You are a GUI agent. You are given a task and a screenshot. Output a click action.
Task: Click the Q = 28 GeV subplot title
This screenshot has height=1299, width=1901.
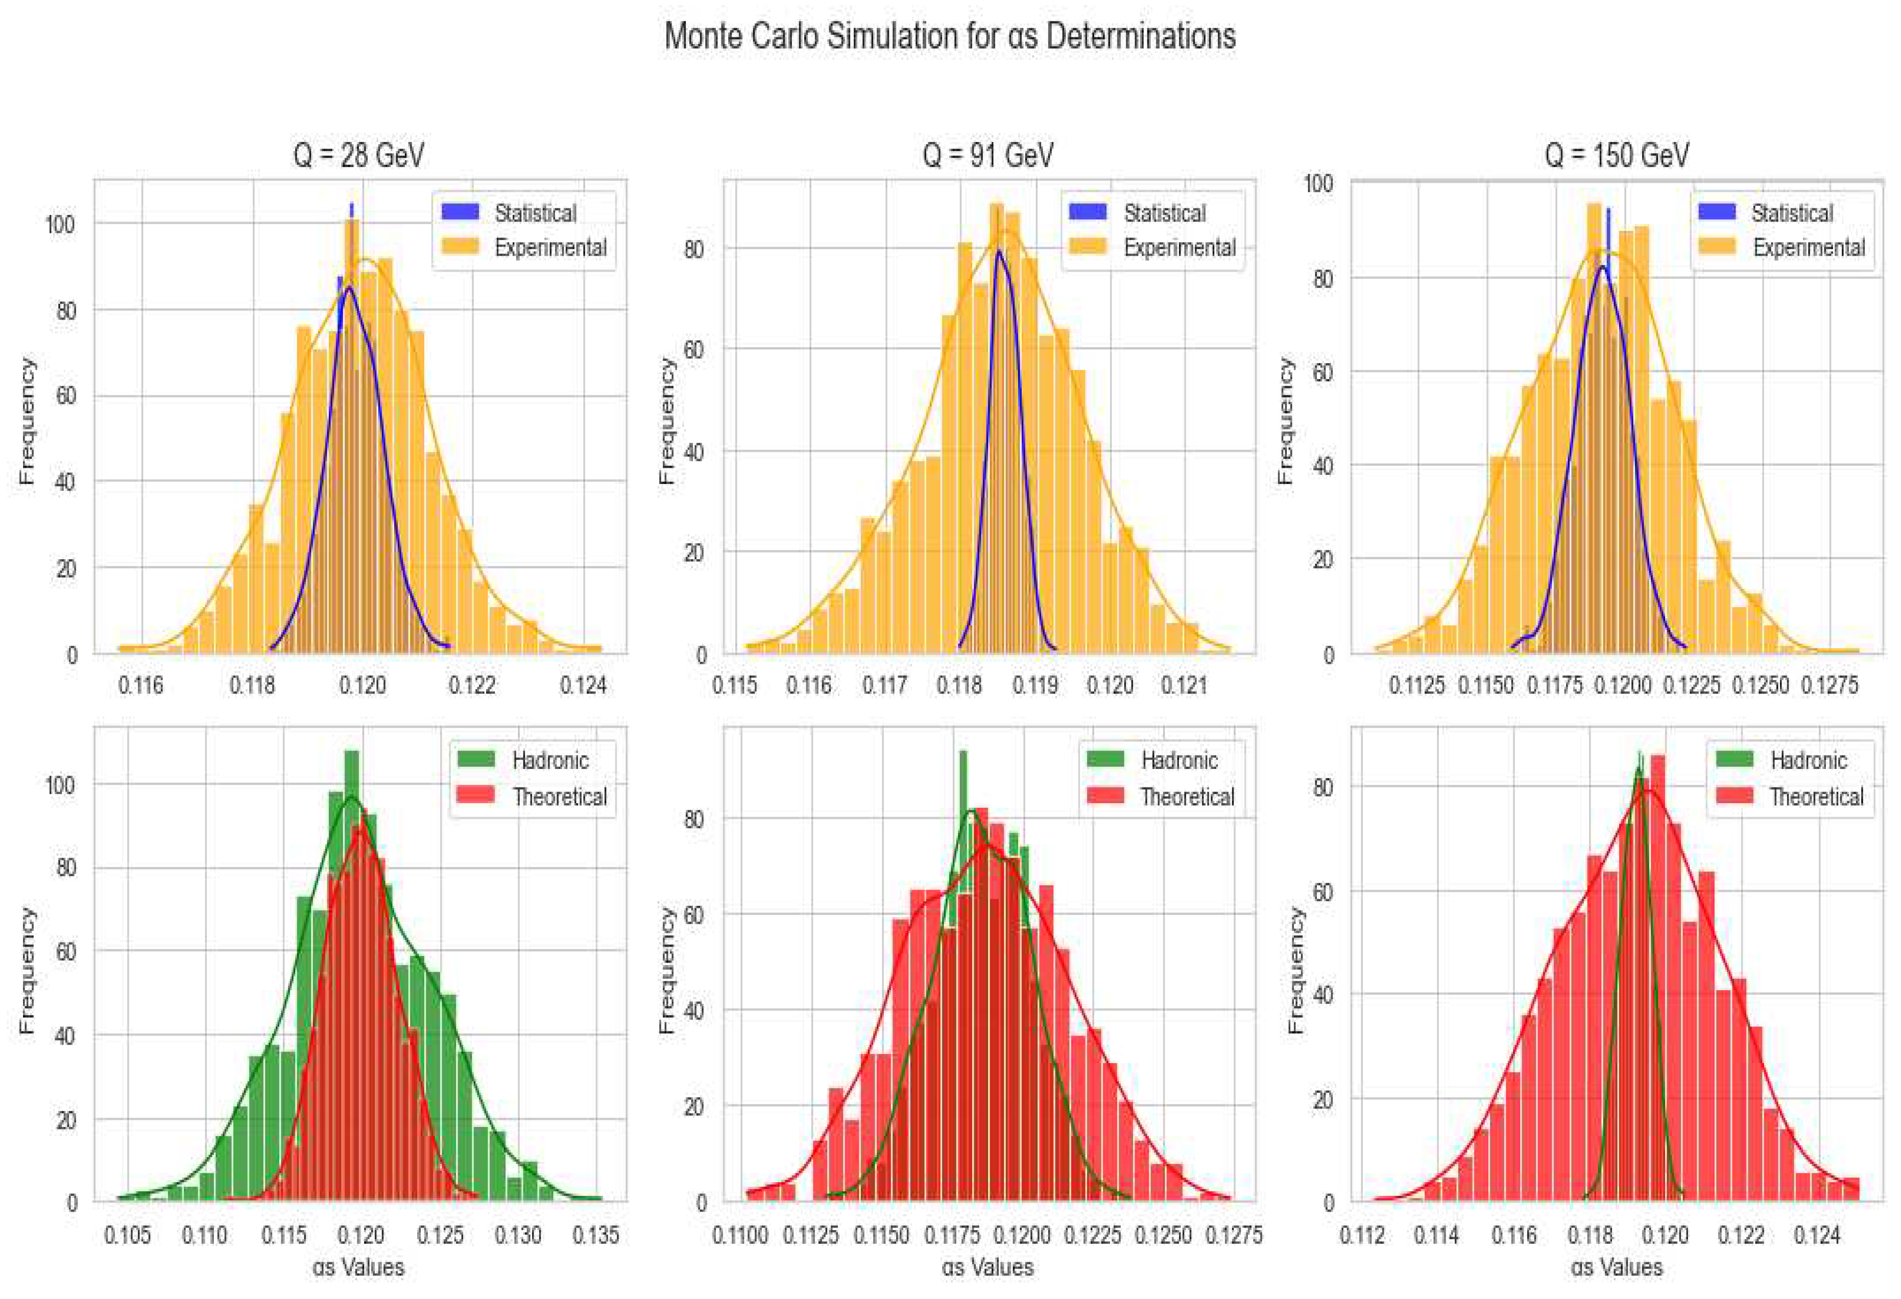[x=358, y=155]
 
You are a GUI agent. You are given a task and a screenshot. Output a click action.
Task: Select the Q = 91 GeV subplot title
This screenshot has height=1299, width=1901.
[x=988, y=155]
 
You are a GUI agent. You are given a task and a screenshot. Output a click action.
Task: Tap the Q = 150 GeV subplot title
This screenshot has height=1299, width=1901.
[x=1617, y=155]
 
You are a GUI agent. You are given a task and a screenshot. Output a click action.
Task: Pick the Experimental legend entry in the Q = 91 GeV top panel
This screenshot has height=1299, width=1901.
[x=1178, y=247]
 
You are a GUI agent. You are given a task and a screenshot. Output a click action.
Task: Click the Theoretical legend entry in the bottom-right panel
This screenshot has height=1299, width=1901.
[x=1816, y=796]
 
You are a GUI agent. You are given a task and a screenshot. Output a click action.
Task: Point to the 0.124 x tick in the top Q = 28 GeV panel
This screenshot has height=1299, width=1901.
[x=583, y=685]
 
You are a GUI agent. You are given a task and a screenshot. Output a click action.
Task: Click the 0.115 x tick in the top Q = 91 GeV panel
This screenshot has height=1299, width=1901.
[x=735, y=685]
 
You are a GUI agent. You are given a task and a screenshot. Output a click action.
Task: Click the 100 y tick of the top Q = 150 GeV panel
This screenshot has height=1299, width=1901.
[x=1318, y=183]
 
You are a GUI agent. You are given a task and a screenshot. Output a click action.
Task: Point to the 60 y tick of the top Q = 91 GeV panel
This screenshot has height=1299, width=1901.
[x=693, y=349]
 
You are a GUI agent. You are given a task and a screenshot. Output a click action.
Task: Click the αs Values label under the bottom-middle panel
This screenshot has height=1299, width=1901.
[x=988, y=1267]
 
